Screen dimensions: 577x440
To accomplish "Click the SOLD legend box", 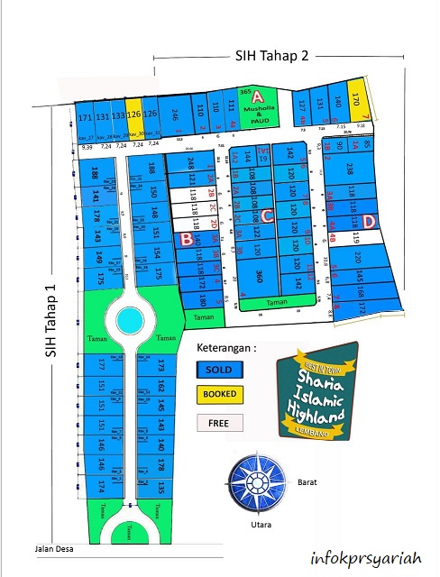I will tap(219, 370).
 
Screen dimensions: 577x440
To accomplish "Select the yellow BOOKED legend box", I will tap(219, 395).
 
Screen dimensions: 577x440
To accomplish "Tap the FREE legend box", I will tap(219, 422).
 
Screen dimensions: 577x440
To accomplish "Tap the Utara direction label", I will tap(260, 524).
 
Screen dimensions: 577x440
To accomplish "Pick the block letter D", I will tap(370, 219).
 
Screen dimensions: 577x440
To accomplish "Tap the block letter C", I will tap(268, 215).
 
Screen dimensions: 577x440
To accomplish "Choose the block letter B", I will tap(187, 239).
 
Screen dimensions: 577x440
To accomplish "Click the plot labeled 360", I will tap(259, 275).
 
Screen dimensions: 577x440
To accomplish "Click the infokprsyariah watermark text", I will tap(364, 558).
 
